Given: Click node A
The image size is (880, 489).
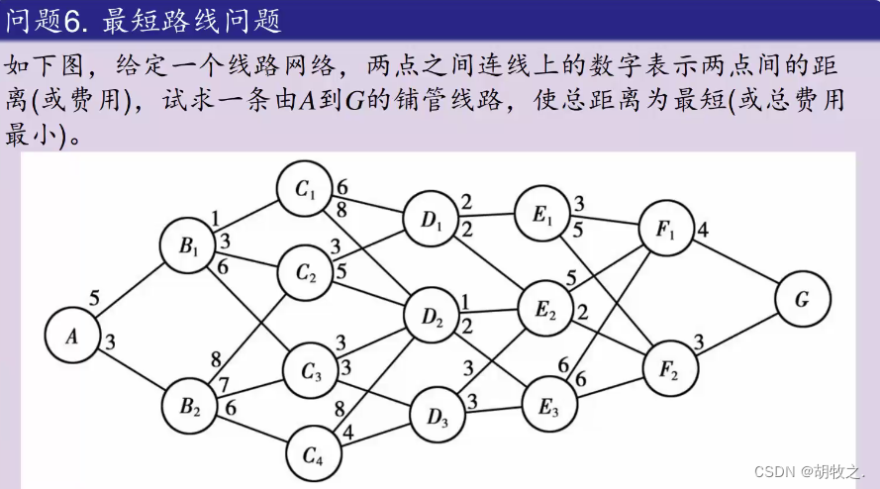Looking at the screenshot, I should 72,337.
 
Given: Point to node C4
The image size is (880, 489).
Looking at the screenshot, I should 313,455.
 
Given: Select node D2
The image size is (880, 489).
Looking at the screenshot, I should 433,318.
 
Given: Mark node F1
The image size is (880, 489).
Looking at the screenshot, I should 665,230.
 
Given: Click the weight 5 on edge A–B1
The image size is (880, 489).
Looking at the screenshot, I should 94,296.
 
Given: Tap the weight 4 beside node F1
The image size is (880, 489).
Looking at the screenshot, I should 703,231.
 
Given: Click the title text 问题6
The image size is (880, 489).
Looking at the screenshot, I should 49,18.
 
